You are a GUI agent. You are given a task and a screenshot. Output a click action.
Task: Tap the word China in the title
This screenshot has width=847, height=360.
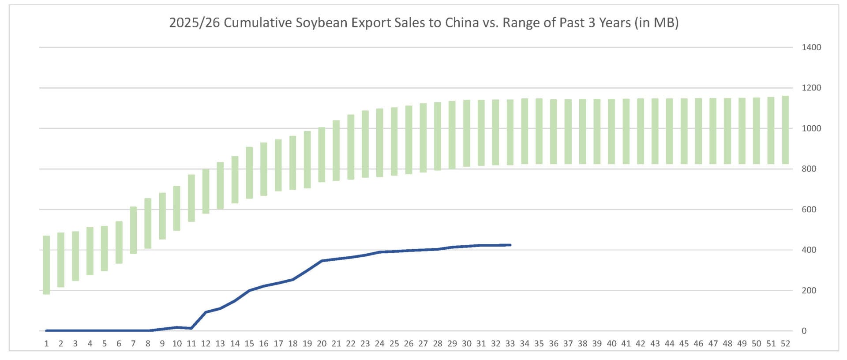(x=462, y=22)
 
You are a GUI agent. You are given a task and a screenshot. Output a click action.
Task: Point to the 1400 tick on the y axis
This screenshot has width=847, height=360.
(x=811, y=47)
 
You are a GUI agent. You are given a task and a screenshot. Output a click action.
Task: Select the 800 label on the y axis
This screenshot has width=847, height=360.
(x=809, y=169)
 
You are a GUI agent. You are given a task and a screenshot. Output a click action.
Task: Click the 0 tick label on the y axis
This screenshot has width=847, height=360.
(x=804, y=331)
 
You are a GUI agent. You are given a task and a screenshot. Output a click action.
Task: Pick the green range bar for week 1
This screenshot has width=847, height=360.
(x=46, y=265)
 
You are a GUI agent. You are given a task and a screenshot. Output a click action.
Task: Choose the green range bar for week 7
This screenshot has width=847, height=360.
(x=133, y=230)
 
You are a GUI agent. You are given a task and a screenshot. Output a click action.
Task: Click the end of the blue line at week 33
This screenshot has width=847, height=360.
(x=510, y=245)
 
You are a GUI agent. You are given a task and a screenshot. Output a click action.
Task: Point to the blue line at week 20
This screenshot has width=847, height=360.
(x=322, y=261)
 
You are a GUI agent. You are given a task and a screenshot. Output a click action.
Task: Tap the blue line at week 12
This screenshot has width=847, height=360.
(x=206, y=312)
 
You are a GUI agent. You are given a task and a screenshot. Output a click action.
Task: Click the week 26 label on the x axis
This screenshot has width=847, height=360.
(x=409, y=344)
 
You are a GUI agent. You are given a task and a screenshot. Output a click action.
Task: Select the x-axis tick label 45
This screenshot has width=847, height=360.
(x=684, y=344)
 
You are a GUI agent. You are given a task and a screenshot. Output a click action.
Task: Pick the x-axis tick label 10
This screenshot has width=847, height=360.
(x=177, y=344)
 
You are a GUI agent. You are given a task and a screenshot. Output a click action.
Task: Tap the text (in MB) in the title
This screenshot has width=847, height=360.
(x=656, y=22)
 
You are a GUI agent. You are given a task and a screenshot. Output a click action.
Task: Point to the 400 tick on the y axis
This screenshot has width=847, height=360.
(x=809, y=250)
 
